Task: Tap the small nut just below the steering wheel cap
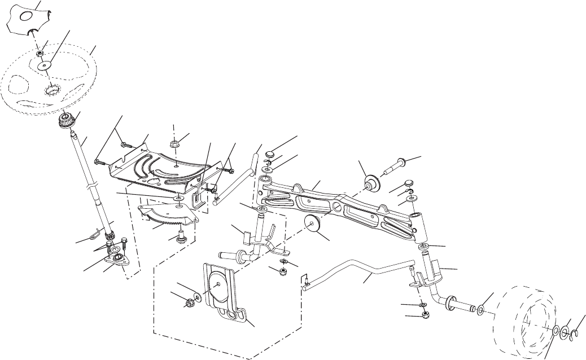click(41, 52)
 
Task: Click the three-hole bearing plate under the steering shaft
click(117, 258)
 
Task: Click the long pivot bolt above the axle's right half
click(399, 165)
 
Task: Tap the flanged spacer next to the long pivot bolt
click(371, 182)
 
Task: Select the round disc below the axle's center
click(313, 223)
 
